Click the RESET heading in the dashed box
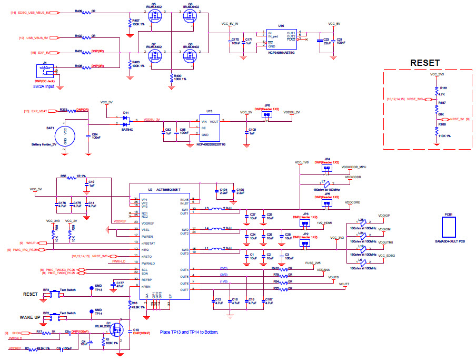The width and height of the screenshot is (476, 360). click(x=425, y=63)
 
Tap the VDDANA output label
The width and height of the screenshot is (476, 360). click(x=323, y=269)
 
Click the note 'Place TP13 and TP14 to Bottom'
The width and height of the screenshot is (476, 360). click(x=188, y=333)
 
